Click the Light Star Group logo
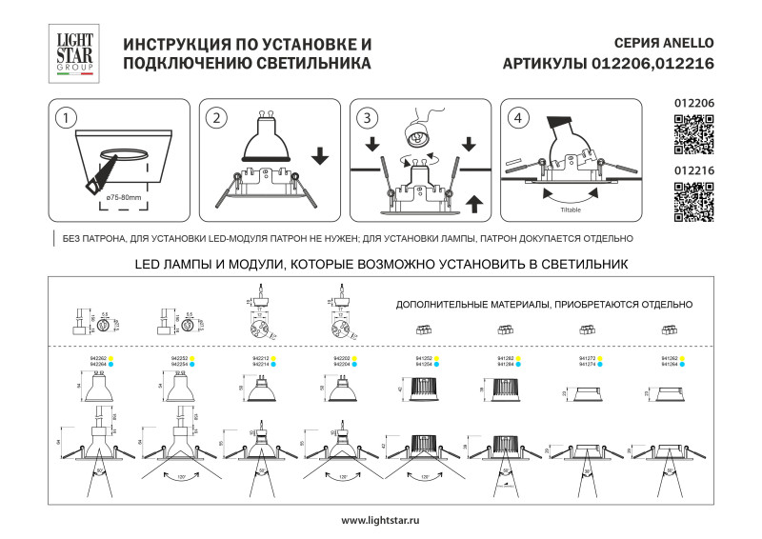click(72, 53)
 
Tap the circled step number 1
click(65, 118)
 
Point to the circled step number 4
click(517, 118)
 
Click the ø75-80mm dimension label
click(124, 197)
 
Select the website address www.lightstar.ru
click(380, 520)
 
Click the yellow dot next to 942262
click(110, 358)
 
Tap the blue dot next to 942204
click(354, 364)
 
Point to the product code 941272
click(588, 358)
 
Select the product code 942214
click(258, 364)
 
